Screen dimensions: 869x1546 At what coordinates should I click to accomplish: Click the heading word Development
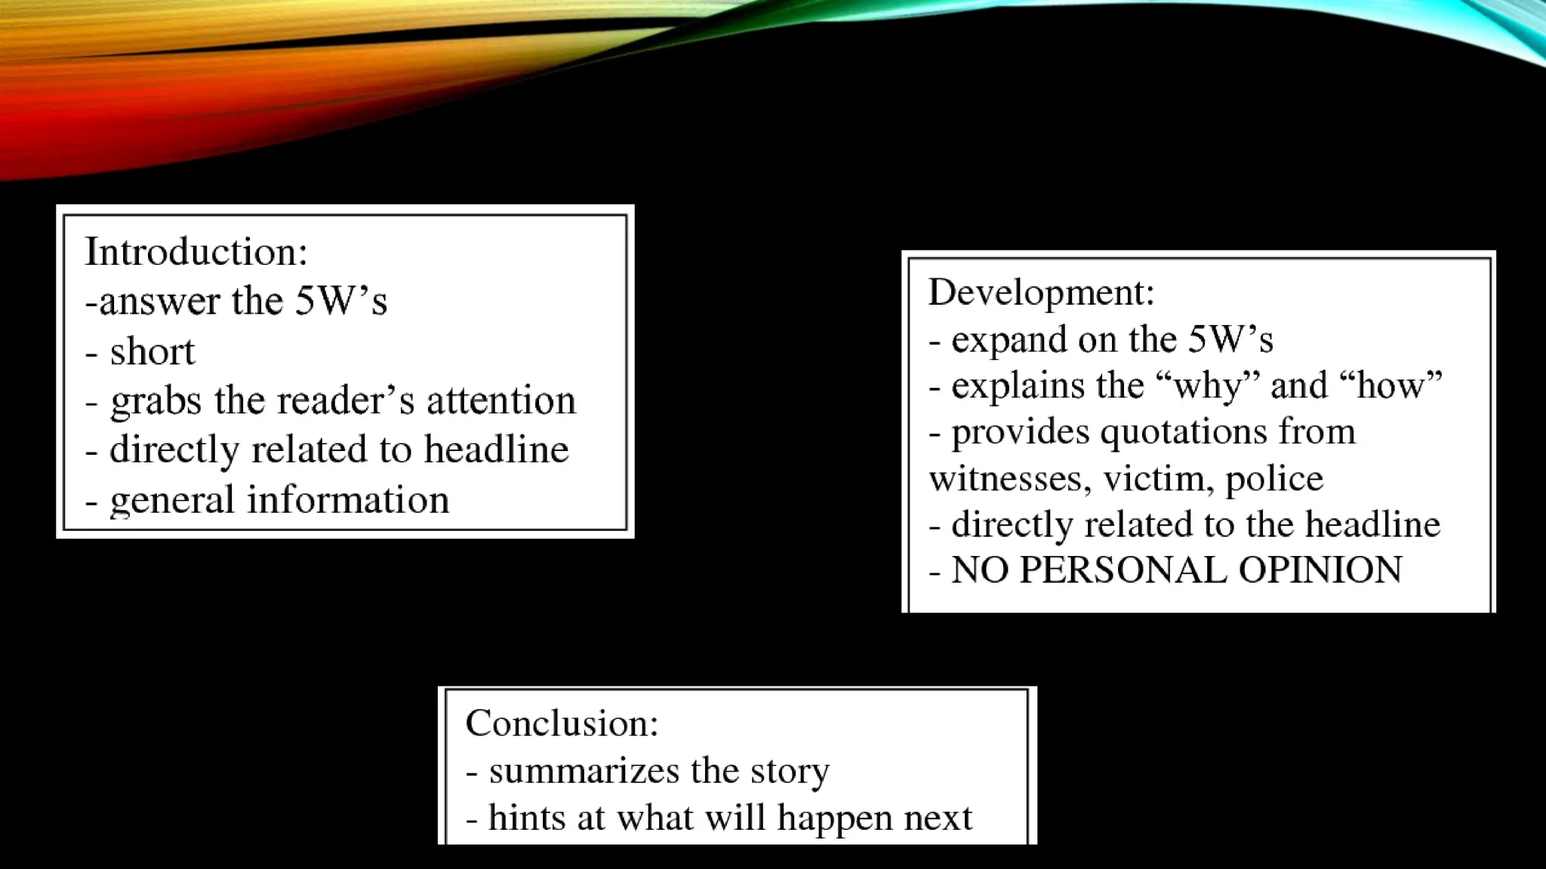coord(1039,292)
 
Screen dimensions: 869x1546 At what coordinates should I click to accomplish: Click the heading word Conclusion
coord(560,723)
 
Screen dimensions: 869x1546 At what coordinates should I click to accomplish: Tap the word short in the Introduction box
coord(152,352)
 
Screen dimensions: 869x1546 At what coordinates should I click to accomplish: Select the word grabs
coord(155,401)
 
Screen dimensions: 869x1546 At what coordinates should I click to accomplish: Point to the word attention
coord(500,400)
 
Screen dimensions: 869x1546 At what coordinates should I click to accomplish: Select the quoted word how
coord(1390,385)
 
